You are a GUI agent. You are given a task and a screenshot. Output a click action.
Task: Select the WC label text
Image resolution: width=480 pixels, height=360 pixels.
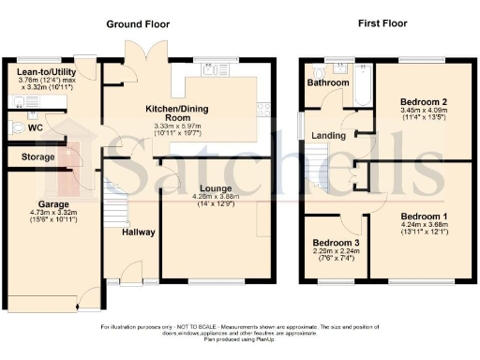pos(36,126)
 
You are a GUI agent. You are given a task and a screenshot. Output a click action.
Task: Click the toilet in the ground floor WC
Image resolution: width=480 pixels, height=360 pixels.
pos(16,127)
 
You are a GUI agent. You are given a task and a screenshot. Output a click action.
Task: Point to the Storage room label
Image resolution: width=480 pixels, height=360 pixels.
pos(31,157)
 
